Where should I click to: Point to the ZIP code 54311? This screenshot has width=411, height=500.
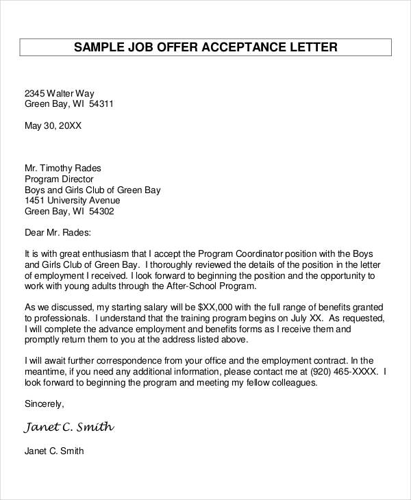[99, 105]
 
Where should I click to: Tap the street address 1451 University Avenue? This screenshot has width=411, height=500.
[72, 201]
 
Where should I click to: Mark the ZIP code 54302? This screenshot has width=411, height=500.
[100, 212]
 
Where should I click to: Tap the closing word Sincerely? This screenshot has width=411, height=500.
[43, 404]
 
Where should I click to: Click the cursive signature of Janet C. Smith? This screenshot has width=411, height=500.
[69, 427]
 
